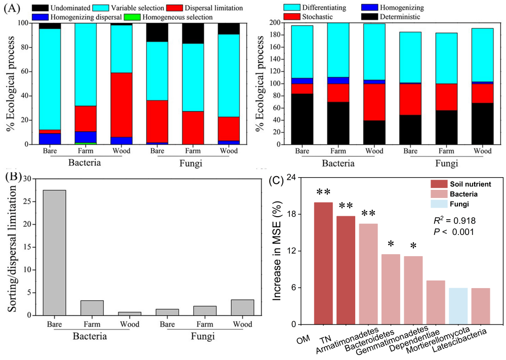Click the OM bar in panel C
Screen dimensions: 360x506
click(x=323, y=263)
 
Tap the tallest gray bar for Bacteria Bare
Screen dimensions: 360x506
click(x=54, y=253)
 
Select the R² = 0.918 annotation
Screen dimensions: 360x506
click(x=453, y=221)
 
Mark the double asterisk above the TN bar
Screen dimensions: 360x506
click(x=346, y=206)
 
